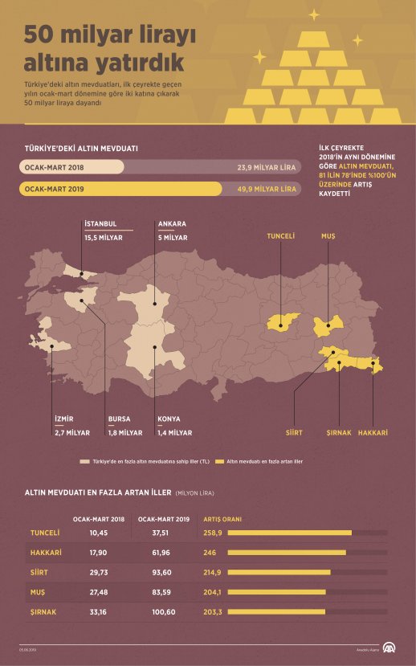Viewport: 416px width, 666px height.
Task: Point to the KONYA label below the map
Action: click(x=169, y=419)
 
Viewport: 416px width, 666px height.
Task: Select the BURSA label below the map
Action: click(x=120, y=419)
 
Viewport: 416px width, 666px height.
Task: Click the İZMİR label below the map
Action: click(x=64, y=419)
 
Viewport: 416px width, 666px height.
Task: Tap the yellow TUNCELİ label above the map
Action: click(x=281, y=237)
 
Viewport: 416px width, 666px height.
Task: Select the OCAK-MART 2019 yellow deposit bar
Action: click(x=120, y=190)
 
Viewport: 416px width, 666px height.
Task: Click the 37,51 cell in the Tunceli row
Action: click(x=163, y=532)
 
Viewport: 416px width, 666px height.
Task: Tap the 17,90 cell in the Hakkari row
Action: click(x=99, y=552)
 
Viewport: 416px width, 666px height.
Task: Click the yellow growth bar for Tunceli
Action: click(x=290, y=532)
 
